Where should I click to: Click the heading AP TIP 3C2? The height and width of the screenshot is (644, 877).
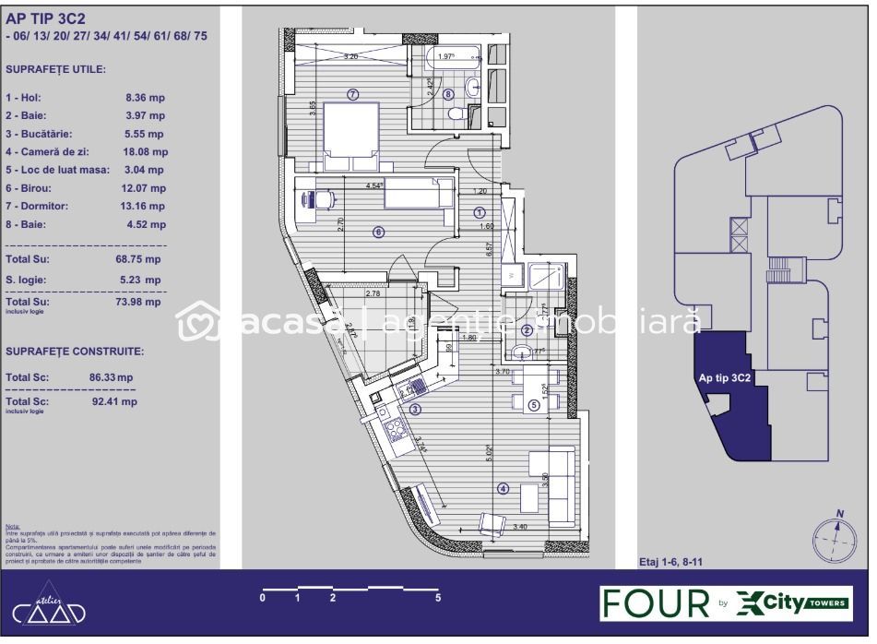pos(43,17)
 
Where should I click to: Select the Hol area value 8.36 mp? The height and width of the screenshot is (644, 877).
pos(145,97)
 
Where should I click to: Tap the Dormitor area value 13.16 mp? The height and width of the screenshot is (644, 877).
pos(145,206)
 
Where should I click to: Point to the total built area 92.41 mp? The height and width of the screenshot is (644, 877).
pos(114,401)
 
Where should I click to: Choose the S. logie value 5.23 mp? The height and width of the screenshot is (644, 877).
pos(138,280)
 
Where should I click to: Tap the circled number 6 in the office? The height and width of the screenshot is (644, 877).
pos(378,233)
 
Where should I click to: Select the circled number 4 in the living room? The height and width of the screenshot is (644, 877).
pos(503,489)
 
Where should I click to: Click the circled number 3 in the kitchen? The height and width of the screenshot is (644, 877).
pos(416,410)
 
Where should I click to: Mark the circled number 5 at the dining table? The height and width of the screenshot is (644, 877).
pos(534,404)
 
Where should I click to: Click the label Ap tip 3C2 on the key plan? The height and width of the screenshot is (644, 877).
pos(724,377)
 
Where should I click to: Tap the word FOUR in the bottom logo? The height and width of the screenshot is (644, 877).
pos(655,602)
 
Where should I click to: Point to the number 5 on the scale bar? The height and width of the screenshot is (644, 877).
pos(438,598)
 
